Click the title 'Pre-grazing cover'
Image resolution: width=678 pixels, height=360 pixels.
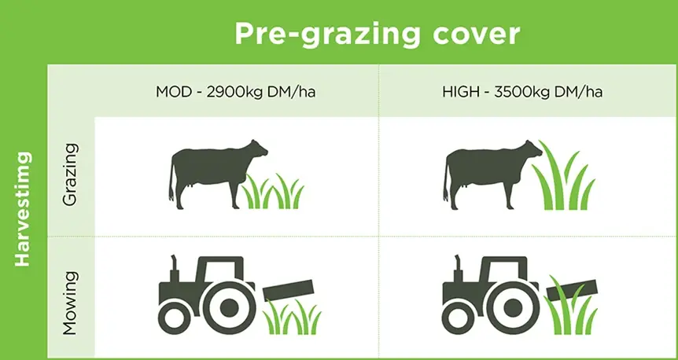(377, 33)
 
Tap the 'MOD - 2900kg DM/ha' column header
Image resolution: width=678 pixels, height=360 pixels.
(235, 92)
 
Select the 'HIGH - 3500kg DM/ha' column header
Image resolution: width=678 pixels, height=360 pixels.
(522, 92)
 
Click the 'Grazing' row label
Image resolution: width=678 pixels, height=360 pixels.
(70, 174)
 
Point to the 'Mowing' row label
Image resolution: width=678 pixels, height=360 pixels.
(70, 303)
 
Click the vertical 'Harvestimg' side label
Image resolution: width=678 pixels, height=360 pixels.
(23, 209)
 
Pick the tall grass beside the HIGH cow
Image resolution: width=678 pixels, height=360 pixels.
(563, 175)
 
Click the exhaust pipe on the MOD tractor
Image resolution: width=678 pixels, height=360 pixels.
(175, 269)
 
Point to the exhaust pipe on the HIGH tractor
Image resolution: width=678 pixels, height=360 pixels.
(459, 269)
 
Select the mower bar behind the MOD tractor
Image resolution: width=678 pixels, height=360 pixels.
(288, 290)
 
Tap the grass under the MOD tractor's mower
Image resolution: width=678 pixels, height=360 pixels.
(293, 317)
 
